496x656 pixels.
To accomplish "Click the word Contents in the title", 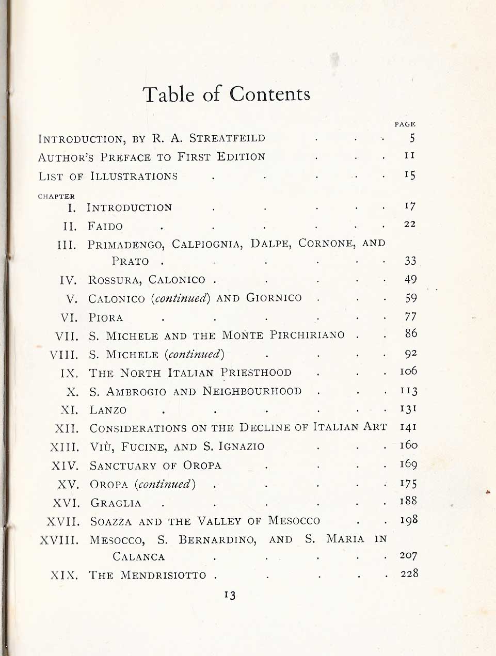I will click(270, 94).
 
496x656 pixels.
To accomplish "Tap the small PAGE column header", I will click(405, 124).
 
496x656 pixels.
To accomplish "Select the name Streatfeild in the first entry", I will click(227, 138).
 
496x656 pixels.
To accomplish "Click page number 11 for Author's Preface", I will click(410, 155).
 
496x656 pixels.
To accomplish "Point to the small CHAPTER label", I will click(56, 196).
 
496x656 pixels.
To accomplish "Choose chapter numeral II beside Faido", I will click(70, 226).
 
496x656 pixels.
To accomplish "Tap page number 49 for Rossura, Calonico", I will click(410, 279).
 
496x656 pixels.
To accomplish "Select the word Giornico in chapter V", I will click(274, 298).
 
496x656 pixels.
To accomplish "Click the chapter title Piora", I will click(106, 317).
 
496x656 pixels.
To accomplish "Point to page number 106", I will click(408, 371).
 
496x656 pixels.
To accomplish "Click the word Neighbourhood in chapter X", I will click(252, 391).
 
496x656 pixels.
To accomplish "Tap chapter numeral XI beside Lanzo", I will click(69, 410).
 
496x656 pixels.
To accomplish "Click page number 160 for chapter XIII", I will click(408, 445).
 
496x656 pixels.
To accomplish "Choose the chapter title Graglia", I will click(116, 503).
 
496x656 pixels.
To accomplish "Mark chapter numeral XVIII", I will click(60, 540).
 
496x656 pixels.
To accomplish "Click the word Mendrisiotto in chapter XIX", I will click(163, 575).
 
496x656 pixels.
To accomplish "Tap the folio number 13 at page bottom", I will click(230, 595).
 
